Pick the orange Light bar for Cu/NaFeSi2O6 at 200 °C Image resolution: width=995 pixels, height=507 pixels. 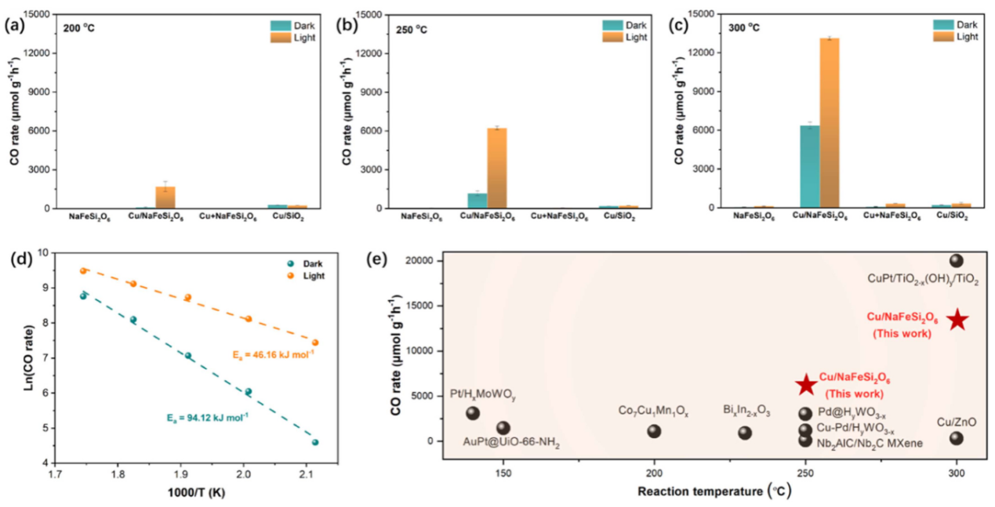pos(165,197)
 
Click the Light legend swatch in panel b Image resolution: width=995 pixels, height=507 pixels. pos(612,37)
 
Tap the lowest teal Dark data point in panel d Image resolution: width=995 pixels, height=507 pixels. pos(315,442)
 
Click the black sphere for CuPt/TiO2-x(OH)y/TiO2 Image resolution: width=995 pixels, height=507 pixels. pos(956,261)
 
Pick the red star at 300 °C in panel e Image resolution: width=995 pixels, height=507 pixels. pos(957,320)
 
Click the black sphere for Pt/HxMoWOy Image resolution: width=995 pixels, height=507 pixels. pos(473,413)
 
